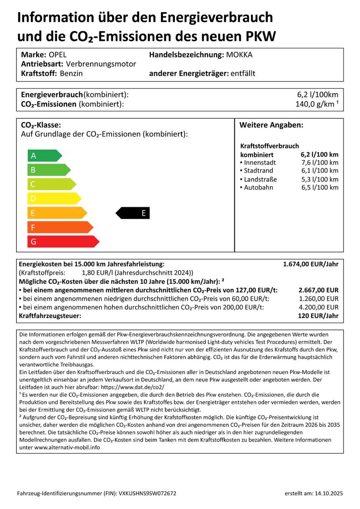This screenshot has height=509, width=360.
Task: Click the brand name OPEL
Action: pyautogui.click(x=58, y=55)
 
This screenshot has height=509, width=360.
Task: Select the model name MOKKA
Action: pyautogui.click(x=239, y=55)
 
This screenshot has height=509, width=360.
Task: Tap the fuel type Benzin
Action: pyautogui.click(x=71, y=73)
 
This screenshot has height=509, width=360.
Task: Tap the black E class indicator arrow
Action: pyautogui.click(x=133, y=213)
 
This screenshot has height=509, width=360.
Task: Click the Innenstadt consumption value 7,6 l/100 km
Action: pyautogui.click(x=320, y=162)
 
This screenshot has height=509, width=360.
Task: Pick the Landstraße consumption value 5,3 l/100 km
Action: pyautogui.click(x=320, y=179)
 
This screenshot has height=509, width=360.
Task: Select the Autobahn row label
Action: pyautogui.click(x=259, y=187)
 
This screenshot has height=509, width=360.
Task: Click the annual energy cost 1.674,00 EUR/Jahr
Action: pyautogui.click(x=311, y=264)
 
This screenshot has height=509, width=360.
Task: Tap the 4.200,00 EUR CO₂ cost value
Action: pyautogui.click(x=319, y=307)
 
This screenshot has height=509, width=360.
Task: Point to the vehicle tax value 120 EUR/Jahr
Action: pyautogui.click(x=318, y=316)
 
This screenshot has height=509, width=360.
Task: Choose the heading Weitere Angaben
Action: pyautogui.click(x=271, y=126)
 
